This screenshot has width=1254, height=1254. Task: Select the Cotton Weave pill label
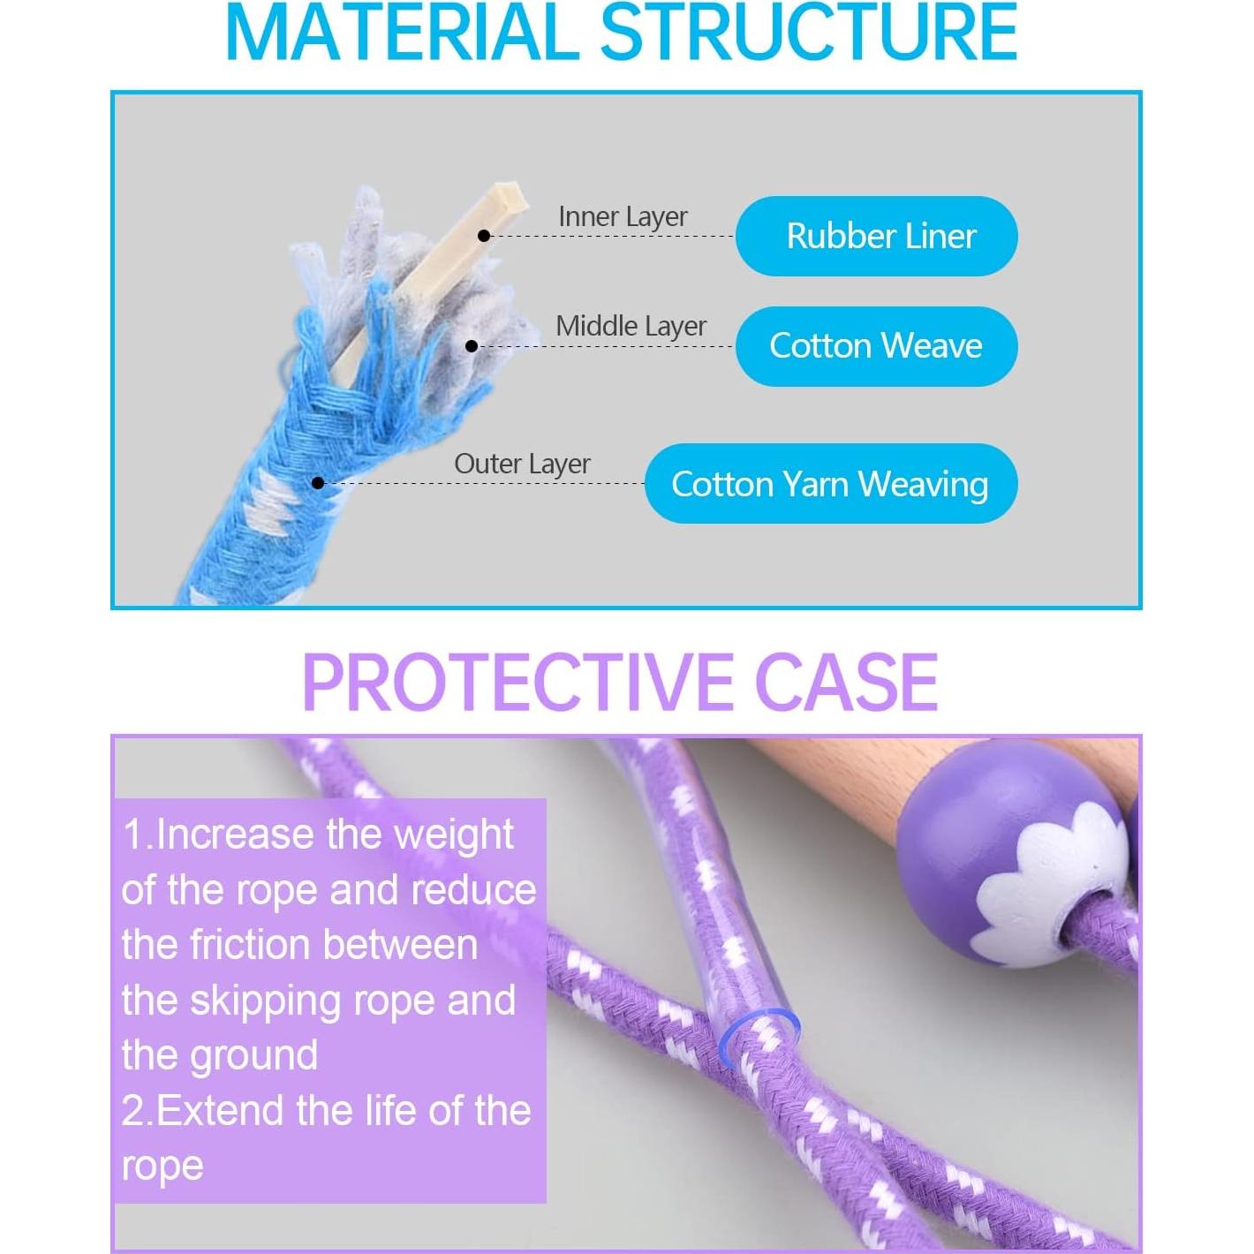tap(876, 345)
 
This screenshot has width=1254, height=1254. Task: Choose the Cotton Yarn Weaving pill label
tap(830, 484)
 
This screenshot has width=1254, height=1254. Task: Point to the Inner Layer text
tap(623, 216)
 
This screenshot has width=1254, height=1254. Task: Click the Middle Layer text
tap(631, 326)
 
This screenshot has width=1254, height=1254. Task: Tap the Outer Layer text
tap(522, 464)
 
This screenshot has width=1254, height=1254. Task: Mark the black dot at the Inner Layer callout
tap(484, 236)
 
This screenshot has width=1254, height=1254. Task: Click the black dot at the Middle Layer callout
tap(472, 346)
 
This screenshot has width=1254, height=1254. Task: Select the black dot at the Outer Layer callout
tap(318, 483)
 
